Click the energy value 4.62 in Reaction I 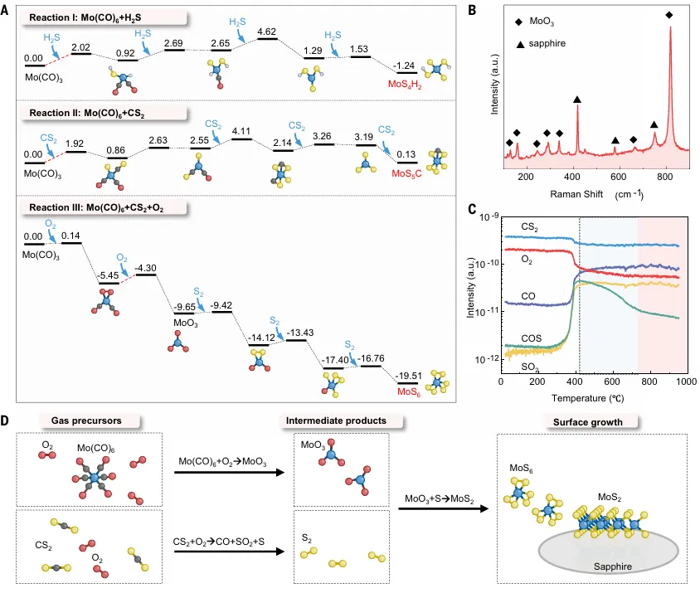pyautogui.click(x=265, y=32)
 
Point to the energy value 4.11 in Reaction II pyautogui.click(x=241, y=130)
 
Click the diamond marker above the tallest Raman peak pyautogui.click(x=669, y=15)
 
